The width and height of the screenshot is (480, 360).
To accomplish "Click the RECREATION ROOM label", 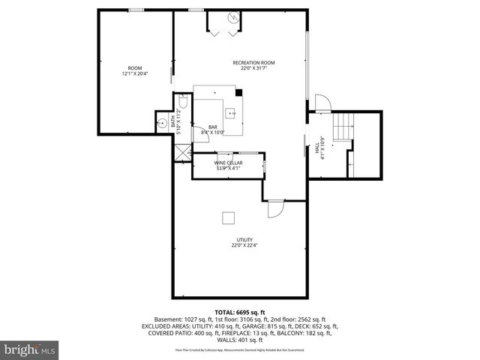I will [254, 66].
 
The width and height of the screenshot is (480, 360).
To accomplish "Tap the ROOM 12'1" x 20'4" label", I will [135, 71].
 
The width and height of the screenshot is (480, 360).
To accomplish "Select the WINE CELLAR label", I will [229, 165].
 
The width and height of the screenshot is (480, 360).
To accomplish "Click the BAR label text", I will [213, 130].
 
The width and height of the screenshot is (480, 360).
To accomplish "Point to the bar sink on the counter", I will [232, 114].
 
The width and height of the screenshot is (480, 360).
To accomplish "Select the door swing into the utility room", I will [274, 208].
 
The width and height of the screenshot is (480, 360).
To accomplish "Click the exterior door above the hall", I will [321, 103].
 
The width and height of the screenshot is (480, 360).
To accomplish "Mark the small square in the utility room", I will [228, 217].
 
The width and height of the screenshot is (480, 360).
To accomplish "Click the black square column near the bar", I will [239, 93].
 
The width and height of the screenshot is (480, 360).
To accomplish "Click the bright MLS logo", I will [29, 349].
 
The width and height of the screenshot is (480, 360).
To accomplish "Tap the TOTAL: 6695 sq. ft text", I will [240, 312].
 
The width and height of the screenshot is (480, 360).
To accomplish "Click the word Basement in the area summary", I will [167, 319].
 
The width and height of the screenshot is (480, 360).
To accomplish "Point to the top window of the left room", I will [136, 10].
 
